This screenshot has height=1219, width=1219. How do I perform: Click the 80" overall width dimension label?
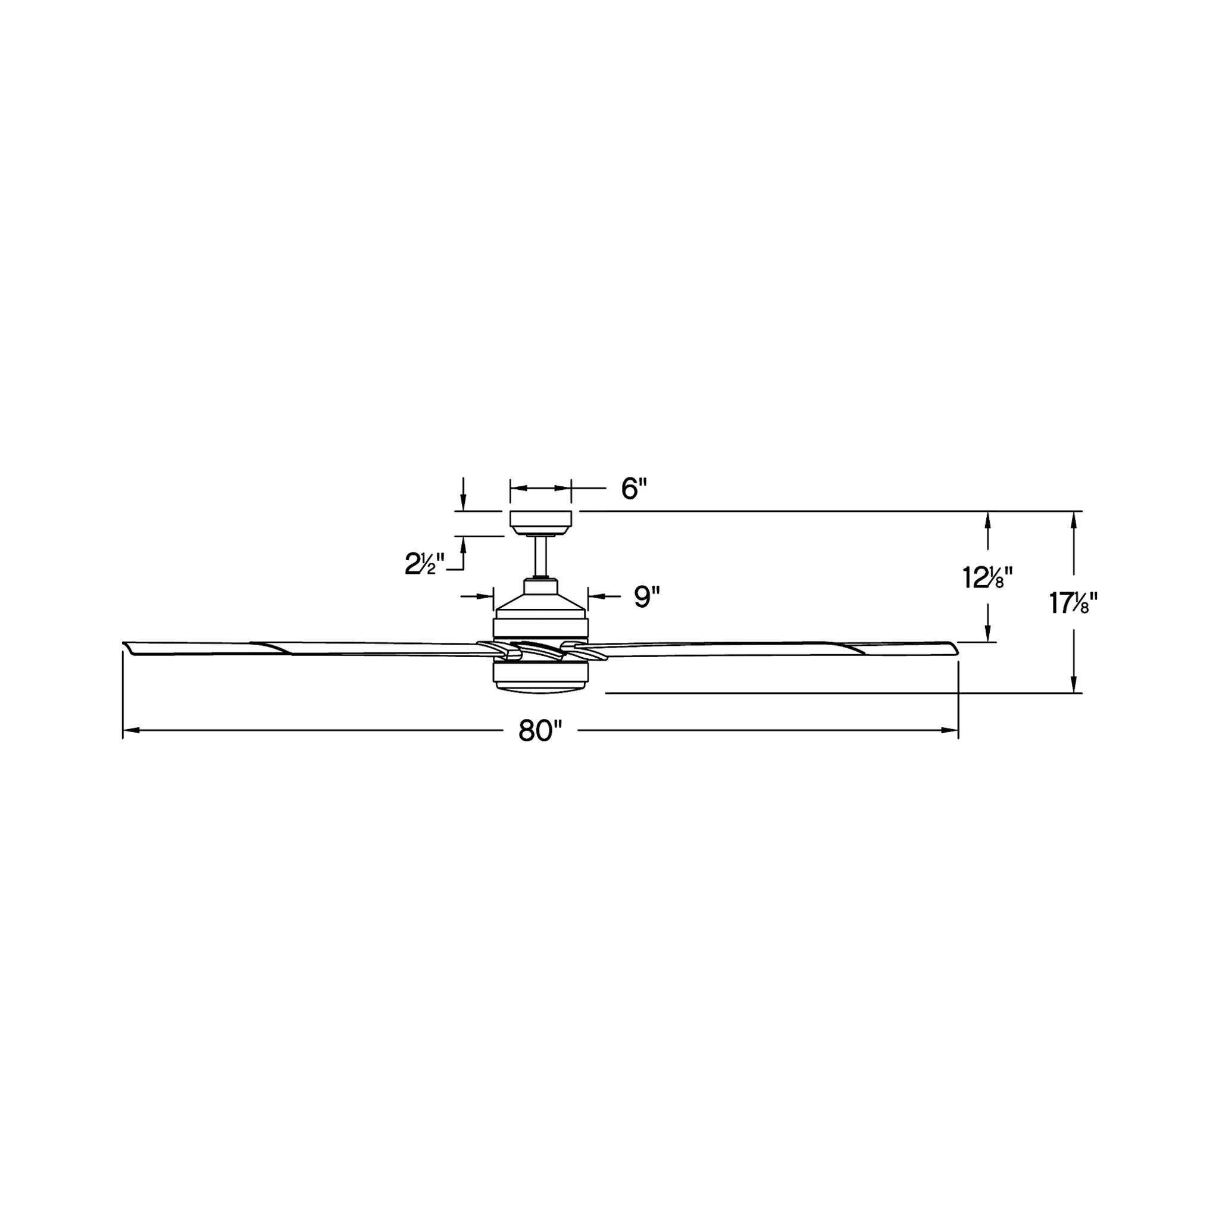click(539, 732)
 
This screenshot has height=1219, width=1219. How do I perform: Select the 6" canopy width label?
click(634, 489)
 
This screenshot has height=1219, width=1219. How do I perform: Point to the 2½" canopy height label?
click(424, 564)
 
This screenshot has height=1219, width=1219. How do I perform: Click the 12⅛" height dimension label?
click(988, 578)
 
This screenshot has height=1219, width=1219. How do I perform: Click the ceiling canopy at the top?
click(540, 523)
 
